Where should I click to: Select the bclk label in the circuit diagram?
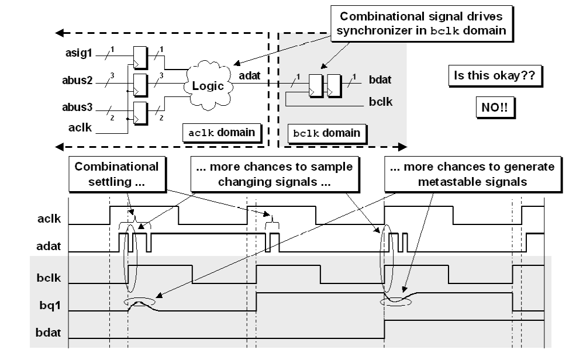[x=382, y=103]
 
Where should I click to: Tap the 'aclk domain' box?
[x=222, y=132]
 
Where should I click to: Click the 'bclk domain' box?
[x=327, y=133]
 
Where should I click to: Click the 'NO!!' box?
[x=494, y=108]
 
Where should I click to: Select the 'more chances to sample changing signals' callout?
[x=273, y=174]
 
